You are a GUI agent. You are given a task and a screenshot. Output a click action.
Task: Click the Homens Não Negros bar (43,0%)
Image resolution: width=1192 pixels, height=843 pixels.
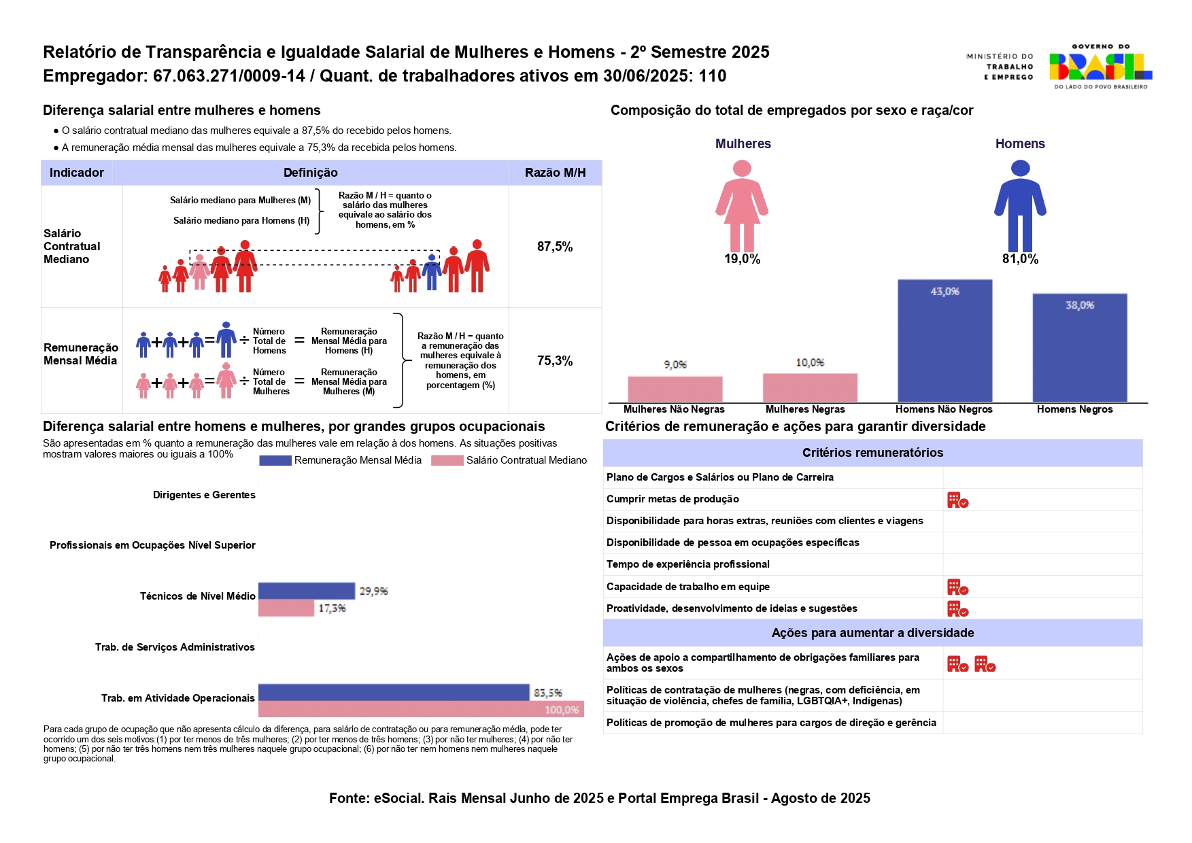click(944, 341)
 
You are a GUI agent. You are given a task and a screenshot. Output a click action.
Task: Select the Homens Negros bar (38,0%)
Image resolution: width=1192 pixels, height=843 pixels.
click(1079, 347)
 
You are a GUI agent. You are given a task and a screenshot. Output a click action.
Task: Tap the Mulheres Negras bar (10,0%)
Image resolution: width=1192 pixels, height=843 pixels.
click(810, 388)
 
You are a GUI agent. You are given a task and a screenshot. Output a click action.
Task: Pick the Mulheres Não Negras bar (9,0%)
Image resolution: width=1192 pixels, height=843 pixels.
click(675, 389)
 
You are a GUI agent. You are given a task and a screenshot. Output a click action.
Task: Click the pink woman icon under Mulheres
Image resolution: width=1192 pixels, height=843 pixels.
click(742, 205)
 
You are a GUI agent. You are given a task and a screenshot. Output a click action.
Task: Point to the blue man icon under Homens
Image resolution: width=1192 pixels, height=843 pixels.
click(1020, 205)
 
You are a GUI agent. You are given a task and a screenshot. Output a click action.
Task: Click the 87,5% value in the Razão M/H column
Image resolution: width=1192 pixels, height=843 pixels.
click(555, 247)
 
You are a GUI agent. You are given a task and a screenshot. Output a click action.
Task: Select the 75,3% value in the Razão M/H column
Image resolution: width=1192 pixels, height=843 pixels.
click(555, 361)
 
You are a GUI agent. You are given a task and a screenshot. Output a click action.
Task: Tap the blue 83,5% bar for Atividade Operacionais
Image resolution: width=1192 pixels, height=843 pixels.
click(393, 692)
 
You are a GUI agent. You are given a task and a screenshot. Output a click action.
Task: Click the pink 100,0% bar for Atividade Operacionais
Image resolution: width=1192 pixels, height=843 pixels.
click(420, 709)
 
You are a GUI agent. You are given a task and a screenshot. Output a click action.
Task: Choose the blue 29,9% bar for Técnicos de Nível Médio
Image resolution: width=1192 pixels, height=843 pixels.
click(306, 591)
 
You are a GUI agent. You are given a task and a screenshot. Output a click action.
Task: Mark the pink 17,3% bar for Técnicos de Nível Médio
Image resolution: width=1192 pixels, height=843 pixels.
click(286, 608)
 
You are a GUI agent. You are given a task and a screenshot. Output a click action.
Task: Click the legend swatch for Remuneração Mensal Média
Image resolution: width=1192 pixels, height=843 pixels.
click(275, 461)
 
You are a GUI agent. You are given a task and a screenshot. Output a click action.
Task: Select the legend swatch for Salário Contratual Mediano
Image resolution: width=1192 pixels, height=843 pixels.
click(447, 461)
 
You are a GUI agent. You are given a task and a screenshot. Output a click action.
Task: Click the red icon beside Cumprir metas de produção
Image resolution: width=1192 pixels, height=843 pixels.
click(957, 500)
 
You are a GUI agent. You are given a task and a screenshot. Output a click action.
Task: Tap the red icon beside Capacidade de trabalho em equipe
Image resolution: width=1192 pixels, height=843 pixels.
click(957, 587)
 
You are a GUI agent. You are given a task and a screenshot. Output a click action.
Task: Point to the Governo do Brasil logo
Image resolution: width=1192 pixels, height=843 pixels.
click(1100, 67)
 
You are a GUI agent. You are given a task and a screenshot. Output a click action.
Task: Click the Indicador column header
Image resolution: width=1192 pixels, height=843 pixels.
click(77, 173)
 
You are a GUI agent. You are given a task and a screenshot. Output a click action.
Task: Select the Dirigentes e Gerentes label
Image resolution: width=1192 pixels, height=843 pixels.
click(204, 495)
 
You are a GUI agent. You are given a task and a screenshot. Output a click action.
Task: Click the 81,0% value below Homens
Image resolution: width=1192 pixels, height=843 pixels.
click(1020, 259)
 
